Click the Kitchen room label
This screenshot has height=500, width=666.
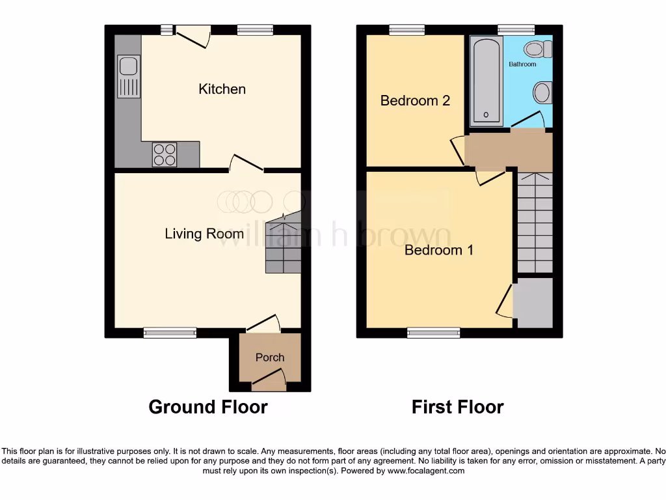click(222, 89)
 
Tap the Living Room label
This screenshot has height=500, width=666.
click(204, 234)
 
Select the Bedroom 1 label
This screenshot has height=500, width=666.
click(438, 250)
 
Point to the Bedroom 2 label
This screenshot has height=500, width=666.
click(415, 101)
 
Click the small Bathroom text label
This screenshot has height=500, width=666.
click(522, 64)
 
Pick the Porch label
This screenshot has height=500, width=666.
click(269, 357)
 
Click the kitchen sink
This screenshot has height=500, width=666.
click(128, 76)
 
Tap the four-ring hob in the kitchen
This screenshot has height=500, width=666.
click(165, 155)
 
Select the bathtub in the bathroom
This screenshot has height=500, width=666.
click(486, 81)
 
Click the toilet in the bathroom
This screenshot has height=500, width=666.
click(539, 49)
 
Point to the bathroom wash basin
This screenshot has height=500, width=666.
click(542, 92)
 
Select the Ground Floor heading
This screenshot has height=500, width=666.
click(208, 407)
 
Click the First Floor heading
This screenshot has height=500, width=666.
click(457, 407)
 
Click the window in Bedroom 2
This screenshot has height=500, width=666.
click(407, 29)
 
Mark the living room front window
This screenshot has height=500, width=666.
click(170, 333)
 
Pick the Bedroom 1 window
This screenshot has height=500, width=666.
click(434, 333)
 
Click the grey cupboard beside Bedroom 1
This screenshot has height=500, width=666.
click(534, 303)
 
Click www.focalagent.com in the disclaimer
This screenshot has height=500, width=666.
click(426, 471)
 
